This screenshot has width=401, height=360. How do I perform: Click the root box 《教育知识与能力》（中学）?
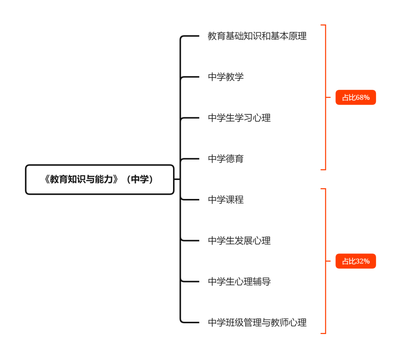100,180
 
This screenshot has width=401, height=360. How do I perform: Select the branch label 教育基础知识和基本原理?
257,36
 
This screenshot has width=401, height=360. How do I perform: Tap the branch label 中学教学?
226,77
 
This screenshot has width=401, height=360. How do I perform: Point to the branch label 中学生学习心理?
239,118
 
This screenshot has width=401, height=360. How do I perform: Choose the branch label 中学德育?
226,159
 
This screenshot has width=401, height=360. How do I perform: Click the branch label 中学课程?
226,200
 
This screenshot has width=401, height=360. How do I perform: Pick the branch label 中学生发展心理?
239,240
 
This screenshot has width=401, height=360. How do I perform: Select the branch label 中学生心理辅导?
239,282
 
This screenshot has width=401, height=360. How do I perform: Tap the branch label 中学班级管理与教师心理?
257,323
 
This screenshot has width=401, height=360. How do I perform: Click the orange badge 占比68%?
356,98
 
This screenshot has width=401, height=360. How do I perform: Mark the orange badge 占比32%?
356,261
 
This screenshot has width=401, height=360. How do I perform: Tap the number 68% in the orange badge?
363,98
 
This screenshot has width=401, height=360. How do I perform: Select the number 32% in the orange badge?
363,261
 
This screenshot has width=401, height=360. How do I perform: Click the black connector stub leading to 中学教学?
190,77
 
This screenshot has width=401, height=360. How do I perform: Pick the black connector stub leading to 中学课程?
190,200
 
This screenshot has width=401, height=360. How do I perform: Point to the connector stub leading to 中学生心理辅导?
190,282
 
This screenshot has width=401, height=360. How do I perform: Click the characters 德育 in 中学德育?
235,159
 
